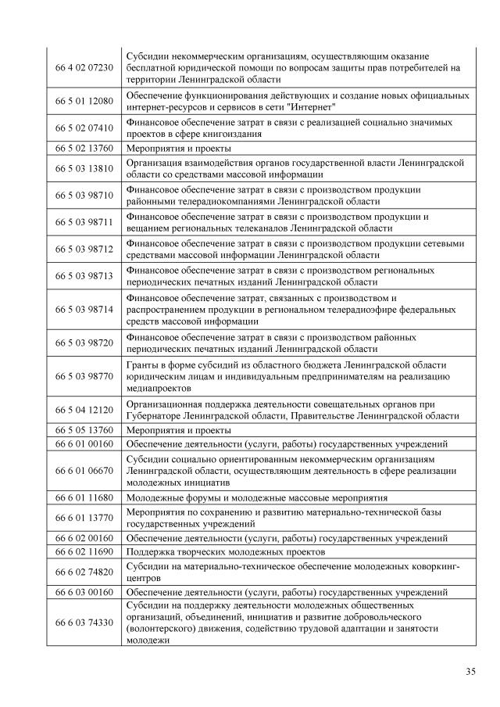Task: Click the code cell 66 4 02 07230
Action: tap(84, 68)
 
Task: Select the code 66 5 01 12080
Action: tap(84, 100)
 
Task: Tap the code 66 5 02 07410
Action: tap(84, 127)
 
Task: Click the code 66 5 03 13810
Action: tap(84, 168)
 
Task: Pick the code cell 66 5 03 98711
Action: tap(84, 222)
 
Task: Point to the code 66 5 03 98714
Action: tap(84, 309)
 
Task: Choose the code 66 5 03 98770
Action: tap(84, 376)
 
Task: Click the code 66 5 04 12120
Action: tap(84, 409)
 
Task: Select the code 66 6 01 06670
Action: tap(84, 470)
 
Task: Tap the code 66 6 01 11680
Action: tap(84, 497)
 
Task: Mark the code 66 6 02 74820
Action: tap(84, 572)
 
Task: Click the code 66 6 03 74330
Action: tap(84, 622)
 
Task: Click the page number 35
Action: tap(470, 671)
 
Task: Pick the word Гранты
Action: tap(143, 365)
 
